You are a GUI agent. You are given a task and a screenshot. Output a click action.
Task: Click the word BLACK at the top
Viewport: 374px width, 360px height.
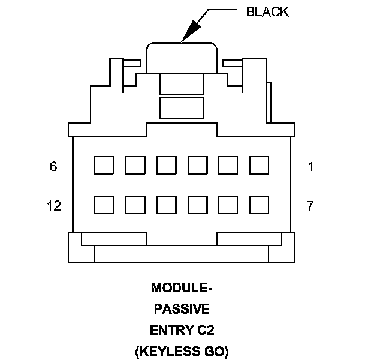click(267, 12)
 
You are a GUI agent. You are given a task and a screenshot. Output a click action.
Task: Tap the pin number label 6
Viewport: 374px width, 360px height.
click(53, 167)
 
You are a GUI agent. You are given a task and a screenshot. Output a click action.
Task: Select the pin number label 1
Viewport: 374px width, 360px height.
click(310, 167)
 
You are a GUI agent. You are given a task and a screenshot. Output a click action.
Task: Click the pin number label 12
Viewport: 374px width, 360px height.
click(53, 206)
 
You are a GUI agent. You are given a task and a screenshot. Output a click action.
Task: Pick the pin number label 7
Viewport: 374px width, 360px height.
click(310, 206)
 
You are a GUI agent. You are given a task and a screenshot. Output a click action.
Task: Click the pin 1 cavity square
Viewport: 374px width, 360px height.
click(259, 165)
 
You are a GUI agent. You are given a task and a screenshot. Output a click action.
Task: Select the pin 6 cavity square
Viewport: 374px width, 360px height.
click(104, 165)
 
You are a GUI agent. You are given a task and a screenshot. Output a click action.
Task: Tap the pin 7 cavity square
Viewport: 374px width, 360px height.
click(259, 205)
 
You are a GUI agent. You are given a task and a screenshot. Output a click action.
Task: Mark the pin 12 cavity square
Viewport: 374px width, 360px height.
click(104, 205)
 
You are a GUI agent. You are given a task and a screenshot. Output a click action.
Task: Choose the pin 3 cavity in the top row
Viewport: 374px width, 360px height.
click(197, 165)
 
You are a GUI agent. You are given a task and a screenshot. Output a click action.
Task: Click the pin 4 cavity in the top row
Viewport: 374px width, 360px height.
click(166, 165)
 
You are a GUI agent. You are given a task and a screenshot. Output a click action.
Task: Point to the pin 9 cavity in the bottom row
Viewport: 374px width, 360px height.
click(197, 205)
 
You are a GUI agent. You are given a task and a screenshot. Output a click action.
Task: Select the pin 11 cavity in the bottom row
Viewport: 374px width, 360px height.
click(135, 205)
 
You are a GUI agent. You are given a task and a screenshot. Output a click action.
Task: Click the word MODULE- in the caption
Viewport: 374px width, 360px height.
click(182, 289)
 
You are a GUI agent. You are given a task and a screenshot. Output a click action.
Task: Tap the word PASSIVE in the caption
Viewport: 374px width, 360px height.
click(182, 309)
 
